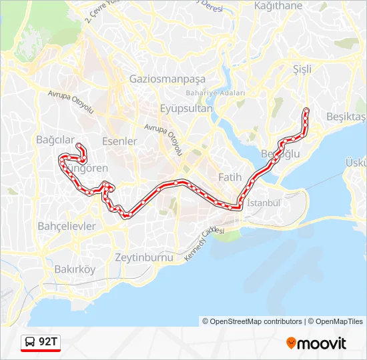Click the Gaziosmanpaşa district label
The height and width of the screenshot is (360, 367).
coord(162,78)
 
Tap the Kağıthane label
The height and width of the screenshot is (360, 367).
coord(278,6)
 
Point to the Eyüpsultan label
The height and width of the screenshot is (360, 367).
coord(186,108)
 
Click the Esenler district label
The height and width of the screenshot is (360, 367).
coord(119,141)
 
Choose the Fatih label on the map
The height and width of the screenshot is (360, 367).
coord(231,177)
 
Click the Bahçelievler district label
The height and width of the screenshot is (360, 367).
coord(67,226)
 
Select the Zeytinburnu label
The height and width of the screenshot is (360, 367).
coord(144,257)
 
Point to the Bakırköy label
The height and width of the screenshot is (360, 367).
coord(75,269)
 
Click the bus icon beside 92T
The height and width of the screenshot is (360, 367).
coord(30,343)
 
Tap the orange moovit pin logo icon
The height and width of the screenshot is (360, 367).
coord(291,343)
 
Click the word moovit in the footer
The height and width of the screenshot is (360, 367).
coord(322,343)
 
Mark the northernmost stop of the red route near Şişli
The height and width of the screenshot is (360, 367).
coord(306,109)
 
